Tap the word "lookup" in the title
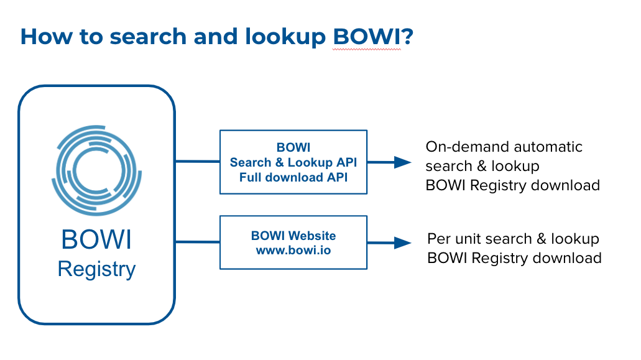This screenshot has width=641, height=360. click(x=285, y=37)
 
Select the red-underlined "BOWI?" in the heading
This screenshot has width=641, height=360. click(x=373, y=37)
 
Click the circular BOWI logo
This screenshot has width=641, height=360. click(x=96, y=170)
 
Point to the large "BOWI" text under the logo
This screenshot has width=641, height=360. click(x=96, y=239)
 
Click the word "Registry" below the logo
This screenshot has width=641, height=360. click(x=96, y=270)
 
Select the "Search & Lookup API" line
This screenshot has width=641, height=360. click(x=293, y=162)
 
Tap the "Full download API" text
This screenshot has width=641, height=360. click(x=293, y=177)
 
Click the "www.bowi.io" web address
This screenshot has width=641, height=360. click(x=293, y=250)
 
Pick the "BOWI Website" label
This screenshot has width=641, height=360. click(x=293, y=236)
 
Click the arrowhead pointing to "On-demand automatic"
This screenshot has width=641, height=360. click(x=403, y=162)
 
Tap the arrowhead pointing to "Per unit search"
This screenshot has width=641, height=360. click(x=403, y=242)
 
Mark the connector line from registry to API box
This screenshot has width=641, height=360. click(x=198, y=162)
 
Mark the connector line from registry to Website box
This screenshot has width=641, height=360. click(x=198, y=242)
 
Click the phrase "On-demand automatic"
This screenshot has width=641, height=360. click(x=504, y=147)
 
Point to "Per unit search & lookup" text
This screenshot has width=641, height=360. click(x=513, y=239)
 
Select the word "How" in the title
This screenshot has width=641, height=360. click(x=46, y=37)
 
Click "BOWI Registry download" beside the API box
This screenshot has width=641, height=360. click(x=513, y=185)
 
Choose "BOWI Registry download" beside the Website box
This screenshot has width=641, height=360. click(x=514, y=258)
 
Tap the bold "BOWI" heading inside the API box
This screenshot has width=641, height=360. click(x=293, y=147)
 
